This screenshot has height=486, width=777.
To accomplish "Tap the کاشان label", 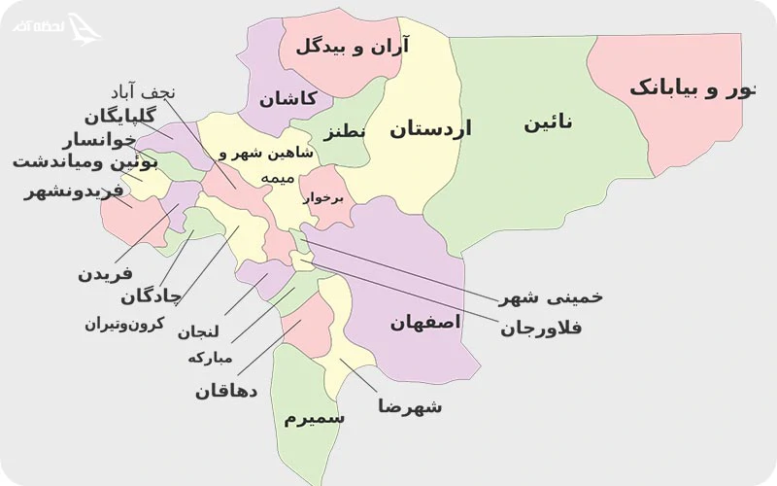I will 287,99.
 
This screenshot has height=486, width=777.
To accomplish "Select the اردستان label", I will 430,129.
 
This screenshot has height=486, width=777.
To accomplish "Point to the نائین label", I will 548,123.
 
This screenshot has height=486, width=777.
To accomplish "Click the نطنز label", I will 345,131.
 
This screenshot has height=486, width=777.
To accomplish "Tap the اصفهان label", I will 425,323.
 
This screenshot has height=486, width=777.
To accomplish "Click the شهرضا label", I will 410,406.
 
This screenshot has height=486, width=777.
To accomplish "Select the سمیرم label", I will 314,418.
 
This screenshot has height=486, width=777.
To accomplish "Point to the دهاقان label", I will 225,391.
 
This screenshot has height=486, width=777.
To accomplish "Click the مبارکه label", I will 210,358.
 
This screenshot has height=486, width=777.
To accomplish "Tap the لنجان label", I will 198,331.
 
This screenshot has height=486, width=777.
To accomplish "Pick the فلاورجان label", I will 541,329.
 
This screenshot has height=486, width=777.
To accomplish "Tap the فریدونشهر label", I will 75,191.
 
